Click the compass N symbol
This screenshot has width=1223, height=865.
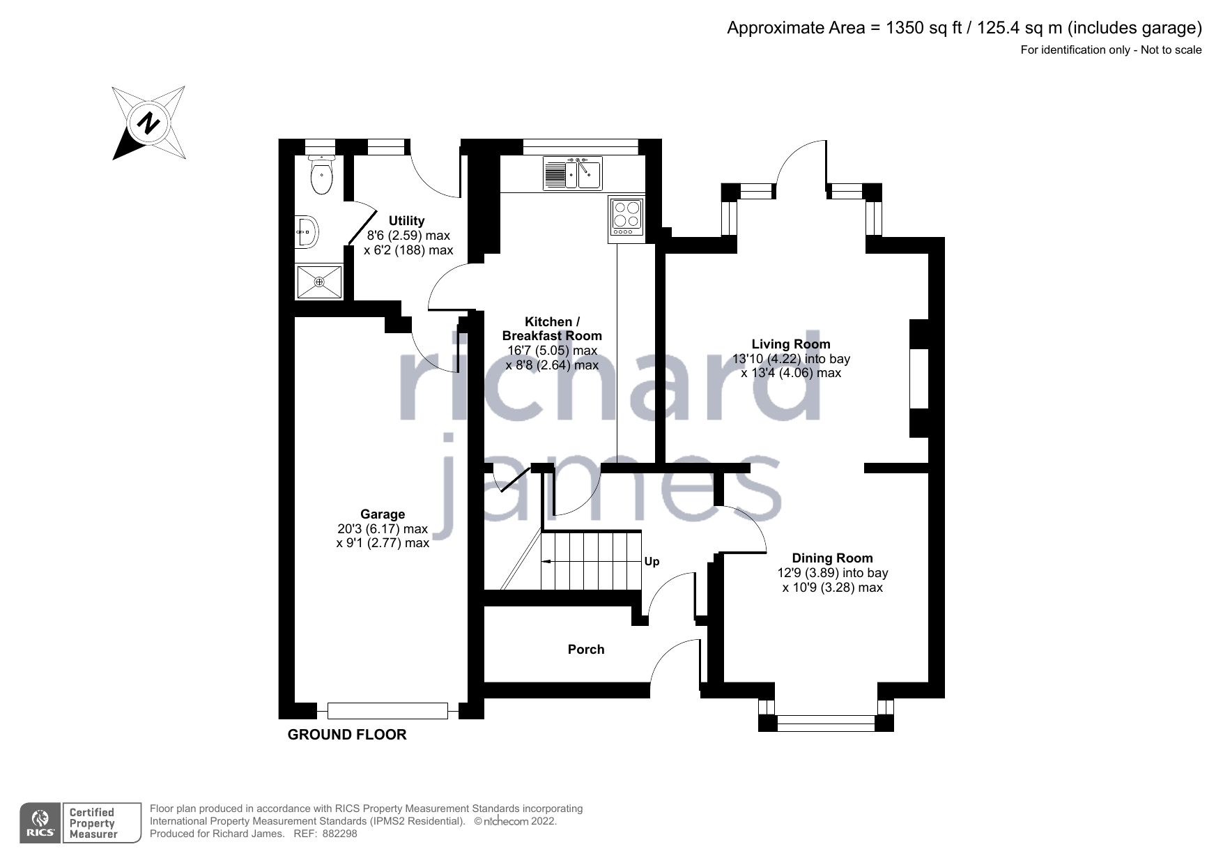click(x=148, y=123)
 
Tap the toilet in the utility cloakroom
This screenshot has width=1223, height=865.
click(x=321, y=177)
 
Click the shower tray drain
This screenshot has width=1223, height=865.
click(x=319, y=282)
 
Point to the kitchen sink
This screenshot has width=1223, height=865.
click(x=573, y=173)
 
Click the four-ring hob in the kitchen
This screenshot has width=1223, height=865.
click(x=626, y=215)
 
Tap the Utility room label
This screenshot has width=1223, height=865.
click(x=406, y=221)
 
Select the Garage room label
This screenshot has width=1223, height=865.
click(x=383, y=514)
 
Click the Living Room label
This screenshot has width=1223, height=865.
click(x=791, y=344)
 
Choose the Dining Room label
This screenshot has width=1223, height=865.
click(x=832, y=558)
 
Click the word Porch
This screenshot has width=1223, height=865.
click(x=586, y=649)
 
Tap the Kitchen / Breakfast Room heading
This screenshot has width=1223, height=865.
click(x=552, y=328)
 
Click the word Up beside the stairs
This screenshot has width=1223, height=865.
click(x=652, y=561)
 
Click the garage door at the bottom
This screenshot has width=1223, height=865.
click(x=387, y=710)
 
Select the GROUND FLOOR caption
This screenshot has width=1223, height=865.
click(x=347, y=735)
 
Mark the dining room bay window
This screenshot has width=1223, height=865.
click(x=826, y=723)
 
